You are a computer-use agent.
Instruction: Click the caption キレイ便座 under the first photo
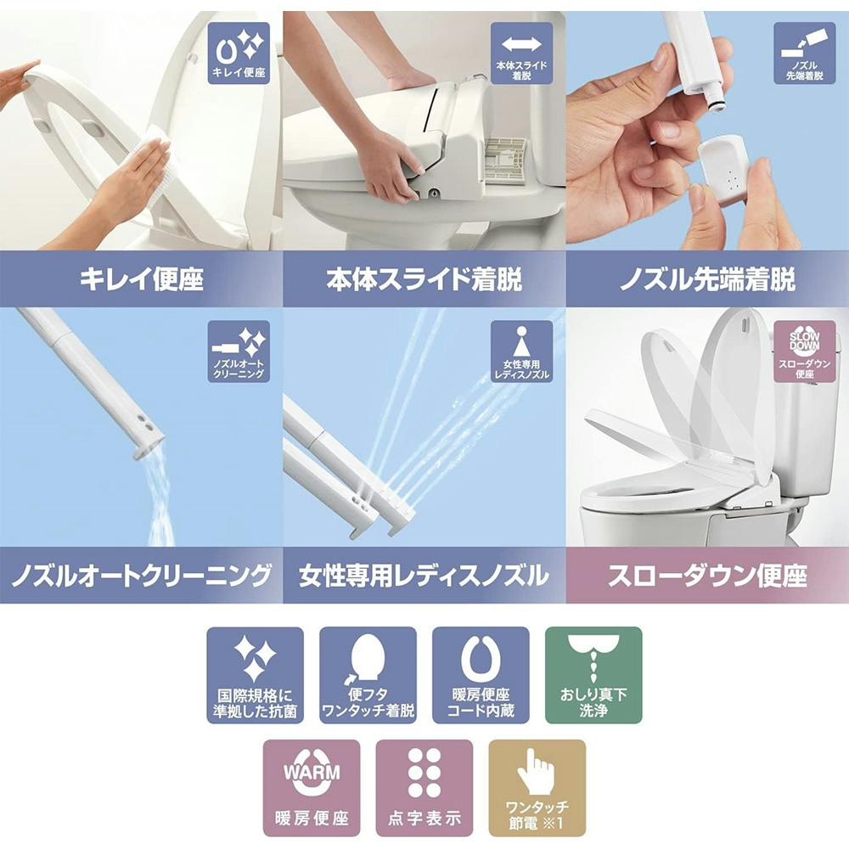click(x=141, y=279)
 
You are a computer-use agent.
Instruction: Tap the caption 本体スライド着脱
click(x=424, y=279)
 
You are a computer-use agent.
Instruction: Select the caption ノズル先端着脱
click(x=707, y=279)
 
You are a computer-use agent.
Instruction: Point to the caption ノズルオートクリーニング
click(x=141, y=576)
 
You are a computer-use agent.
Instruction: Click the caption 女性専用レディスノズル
click(x=424, y=576)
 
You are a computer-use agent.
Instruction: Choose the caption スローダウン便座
click(x=707, y=576)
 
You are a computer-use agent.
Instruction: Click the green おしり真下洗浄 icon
click(x=593, y=675)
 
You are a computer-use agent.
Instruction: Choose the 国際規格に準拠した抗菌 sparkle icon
click(x=256, y=675)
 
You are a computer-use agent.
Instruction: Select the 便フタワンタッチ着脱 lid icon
click(x=368, y=675)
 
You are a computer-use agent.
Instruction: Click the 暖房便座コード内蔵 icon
click(x=481, y=675)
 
